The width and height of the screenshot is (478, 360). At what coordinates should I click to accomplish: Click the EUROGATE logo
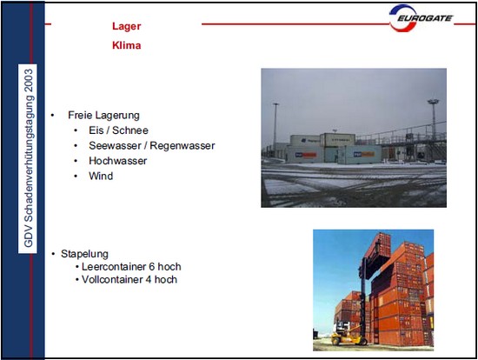[421, 18]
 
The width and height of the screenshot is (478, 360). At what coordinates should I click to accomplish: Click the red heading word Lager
[127, 26]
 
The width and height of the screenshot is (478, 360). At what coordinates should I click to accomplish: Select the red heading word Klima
[127, 45]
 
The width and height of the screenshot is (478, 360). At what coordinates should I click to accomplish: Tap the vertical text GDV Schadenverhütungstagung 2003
[28, 158]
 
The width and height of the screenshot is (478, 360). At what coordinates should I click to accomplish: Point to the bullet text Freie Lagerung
[103, 116]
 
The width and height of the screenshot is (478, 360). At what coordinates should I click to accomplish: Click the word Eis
[96, 130]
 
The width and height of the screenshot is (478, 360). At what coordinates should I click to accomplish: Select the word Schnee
[130, 130]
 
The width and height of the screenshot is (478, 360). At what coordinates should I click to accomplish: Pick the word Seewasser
[115, 145]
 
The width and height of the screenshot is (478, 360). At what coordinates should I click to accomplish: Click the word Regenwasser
[183, 145]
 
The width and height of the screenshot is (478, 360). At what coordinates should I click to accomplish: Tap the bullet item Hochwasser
[117, 161]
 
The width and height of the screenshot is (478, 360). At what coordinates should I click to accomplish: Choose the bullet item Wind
[101, 176]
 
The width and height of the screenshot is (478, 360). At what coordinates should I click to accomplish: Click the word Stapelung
[84, 254]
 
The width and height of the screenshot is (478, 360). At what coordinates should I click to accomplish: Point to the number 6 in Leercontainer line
[152, 267]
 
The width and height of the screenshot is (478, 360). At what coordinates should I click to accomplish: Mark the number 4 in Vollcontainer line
[148, 279]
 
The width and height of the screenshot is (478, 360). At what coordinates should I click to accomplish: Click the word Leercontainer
[114, 267]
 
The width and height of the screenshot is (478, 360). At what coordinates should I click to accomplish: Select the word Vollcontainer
[112, 279]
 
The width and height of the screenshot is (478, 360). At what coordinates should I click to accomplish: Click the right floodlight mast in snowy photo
[433, 119]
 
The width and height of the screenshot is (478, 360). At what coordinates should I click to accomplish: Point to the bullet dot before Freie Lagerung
[52, 116]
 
